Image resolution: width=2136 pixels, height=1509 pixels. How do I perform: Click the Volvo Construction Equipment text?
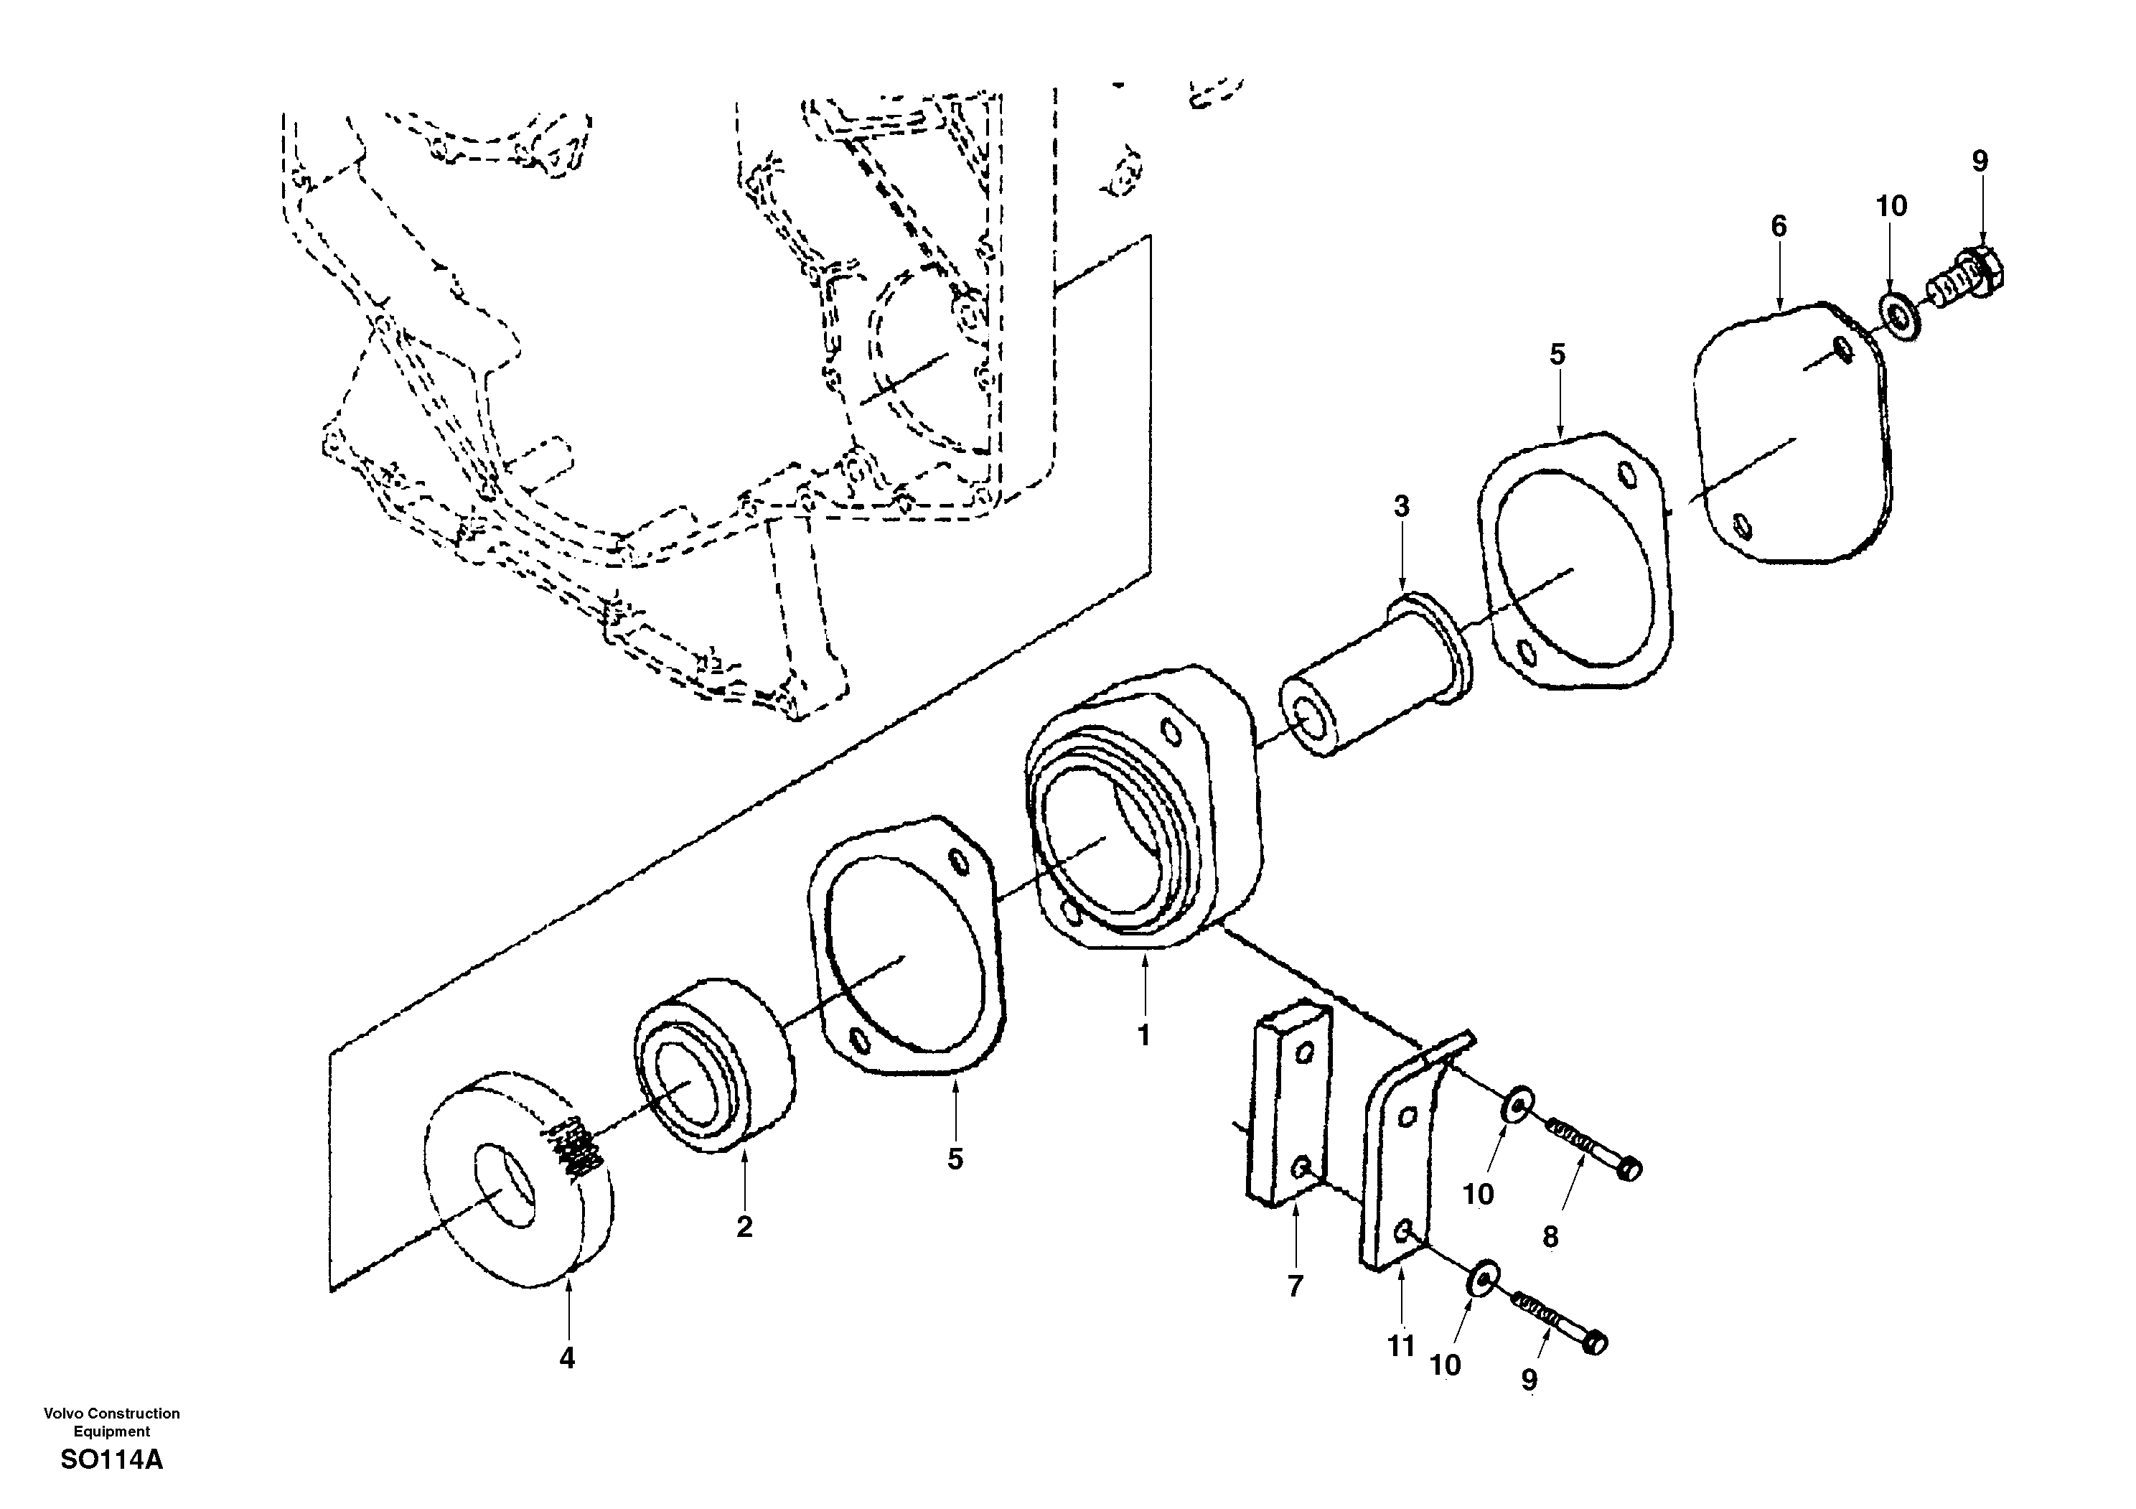tap(112, 1422)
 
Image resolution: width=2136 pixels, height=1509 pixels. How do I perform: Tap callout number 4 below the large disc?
tap(566, 1359)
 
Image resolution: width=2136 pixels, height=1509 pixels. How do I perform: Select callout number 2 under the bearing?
tap(744, 1227)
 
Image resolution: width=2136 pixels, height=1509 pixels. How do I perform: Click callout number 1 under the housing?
tap(1144, 1035)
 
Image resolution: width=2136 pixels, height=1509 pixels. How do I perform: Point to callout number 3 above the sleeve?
tap(1401, 506)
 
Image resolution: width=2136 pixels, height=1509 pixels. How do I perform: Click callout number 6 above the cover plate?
tap(1779, 226)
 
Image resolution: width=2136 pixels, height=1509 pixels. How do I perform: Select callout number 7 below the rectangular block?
tap(1295, 1286)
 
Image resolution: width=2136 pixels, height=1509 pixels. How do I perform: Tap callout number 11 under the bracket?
tap(1401, 1346)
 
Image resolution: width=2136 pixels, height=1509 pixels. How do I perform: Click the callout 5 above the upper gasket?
tap(1557, 355)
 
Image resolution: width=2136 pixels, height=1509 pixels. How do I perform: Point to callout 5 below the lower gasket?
tap(955, 1159)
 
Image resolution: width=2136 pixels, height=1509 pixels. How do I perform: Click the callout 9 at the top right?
tap(1980, 162)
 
